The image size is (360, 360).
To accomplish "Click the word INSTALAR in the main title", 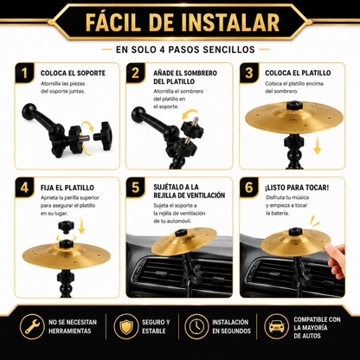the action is (230, 22).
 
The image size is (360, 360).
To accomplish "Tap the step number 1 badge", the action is (24, 73).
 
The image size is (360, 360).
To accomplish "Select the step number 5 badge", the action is (135, 187).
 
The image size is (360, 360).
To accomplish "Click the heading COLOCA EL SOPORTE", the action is (73, 73).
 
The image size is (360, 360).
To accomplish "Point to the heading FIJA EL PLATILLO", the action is (67, 188).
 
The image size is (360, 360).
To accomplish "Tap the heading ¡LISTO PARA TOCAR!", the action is (297, 188).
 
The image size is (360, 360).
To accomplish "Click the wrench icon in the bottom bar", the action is (32, 326).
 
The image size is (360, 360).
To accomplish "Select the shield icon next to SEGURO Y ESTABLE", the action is (125, 326).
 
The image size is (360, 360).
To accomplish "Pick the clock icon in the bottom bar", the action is (196, 326).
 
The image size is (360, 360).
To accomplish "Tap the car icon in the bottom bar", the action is (276, 326).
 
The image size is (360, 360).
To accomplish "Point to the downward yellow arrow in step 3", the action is (318, 145).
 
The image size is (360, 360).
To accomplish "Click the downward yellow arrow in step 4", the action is (81, 226).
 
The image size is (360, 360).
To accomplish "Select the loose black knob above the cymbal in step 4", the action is (66, 227).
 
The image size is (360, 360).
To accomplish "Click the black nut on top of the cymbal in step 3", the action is (294, 105).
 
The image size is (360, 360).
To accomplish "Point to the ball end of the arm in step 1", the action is (29, 111).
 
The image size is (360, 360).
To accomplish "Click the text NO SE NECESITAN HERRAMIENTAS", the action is (73, 326).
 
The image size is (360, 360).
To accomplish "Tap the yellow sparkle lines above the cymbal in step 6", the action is (314, 222).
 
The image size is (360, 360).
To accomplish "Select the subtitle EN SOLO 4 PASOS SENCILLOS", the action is (185, 49).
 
